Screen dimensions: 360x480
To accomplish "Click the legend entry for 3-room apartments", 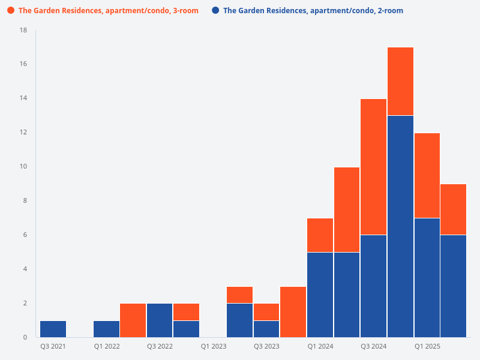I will pyautogui.click(x=108, y=11).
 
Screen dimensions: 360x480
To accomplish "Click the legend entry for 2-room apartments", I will pyautogui.click(x=313, y=11).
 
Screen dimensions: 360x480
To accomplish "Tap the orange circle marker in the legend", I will pyautogui.click(x=11, y=11).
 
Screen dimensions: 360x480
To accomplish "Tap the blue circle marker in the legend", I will pyautogui.click(x=215, y=11).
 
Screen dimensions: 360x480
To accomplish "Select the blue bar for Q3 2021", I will pyautogui.click(x=53, y=329).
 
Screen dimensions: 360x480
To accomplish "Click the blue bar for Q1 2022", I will pyautogui.click(x=106, y=329).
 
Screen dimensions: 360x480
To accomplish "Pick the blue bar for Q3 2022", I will pyautogui.click(x=160, y=320).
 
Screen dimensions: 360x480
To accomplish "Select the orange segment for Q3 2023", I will pyautogui.click(x=266, y=312).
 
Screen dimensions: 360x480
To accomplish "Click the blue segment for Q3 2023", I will pyautogui.click(x=266, y=329).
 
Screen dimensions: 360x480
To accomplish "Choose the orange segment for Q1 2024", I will pyautogui.click(x=320, y=235).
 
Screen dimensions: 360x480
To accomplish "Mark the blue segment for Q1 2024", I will pyautogui.click(x=320, y=295).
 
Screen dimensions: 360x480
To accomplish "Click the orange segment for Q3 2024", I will pyautogui.click(x=373, y=167).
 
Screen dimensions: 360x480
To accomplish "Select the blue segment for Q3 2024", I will pyautogui.click(x=373, y=286).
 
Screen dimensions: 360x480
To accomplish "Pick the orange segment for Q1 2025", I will pyautogui.click(x=427, y=176).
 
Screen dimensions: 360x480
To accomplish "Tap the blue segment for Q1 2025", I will pyautogui.click(x=427, y=278).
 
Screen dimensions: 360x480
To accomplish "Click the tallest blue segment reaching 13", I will pyautogui.click(x=400, y=226).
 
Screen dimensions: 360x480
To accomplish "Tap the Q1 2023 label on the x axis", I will pyautogui.click(x=213, y=347).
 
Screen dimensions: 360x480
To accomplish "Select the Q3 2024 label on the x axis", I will pyautogui.click(x=373, y=347).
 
